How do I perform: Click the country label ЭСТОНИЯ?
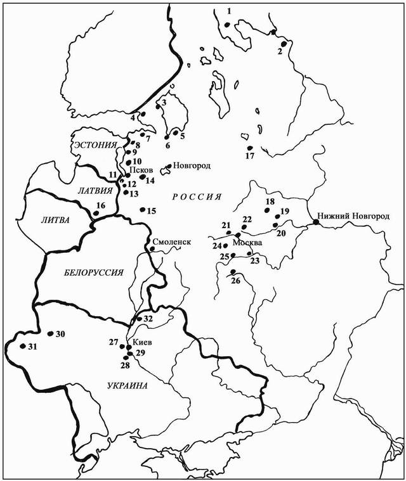(x=95, y=145)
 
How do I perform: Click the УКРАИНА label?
(x=127, y=386)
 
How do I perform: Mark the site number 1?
(x=230, y=11)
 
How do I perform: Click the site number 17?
(x=249, y=156)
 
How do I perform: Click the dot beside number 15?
(x=142, y=210)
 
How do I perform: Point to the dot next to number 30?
(x=50, y=333)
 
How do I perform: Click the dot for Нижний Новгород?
(x=315, y=222)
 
